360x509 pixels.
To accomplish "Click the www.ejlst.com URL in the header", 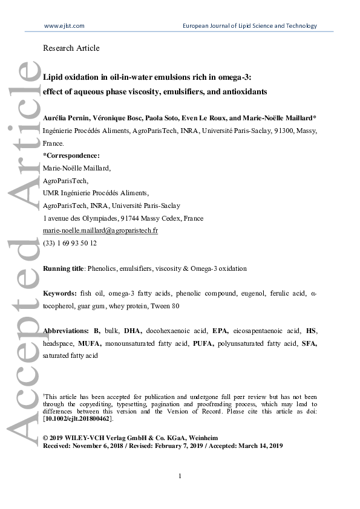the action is tap(64, 25).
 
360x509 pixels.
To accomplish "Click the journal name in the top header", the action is tap(249, 25).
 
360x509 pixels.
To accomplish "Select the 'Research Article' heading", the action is tap(71, 48).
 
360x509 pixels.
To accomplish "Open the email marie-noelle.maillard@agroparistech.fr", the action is tap(100, 230).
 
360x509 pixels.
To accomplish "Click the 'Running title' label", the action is tap(63, 268).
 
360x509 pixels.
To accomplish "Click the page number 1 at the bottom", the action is tap(180, 477).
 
